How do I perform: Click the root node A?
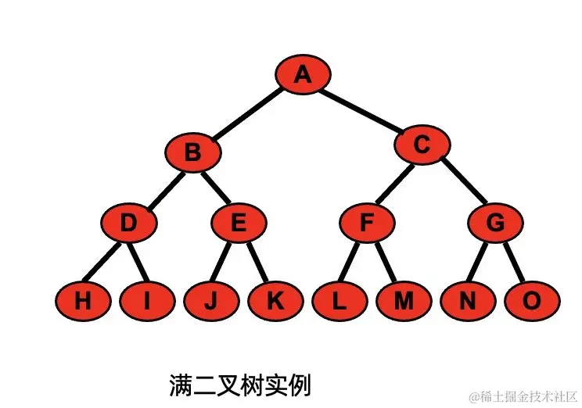303,75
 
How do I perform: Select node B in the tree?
192,151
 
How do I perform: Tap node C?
422,145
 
